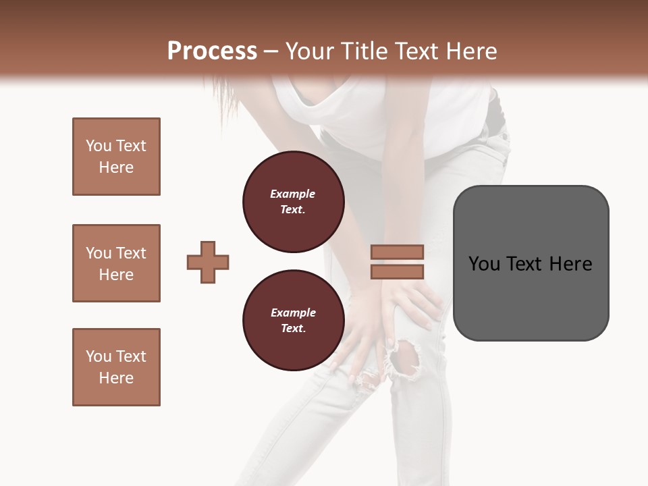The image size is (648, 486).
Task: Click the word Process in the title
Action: point(212,51)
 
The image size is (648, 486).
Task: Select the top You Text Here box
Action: point(116,157)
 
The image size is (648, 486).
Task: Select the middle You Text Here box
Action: point(116,263)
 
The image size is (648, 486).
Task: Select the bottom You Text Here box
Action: point(116,367)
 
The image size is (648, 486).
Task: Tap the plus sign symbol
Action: point(208,262)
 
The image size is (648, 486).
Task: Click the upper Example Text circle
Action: point(293,202)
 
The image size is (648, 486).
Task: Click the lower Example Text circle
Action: point(293,321)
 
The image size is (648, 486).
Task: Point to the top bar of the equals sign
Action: point(397,252)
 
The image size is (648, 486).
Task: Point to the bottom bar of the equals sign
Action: point(397,272)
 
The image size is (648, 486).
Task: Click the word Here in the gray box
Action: point(570,264)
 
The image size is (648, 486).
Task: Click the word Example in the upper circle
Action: point(293,194)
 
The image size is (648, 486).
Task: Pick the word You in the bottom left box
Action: point(98,356)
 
